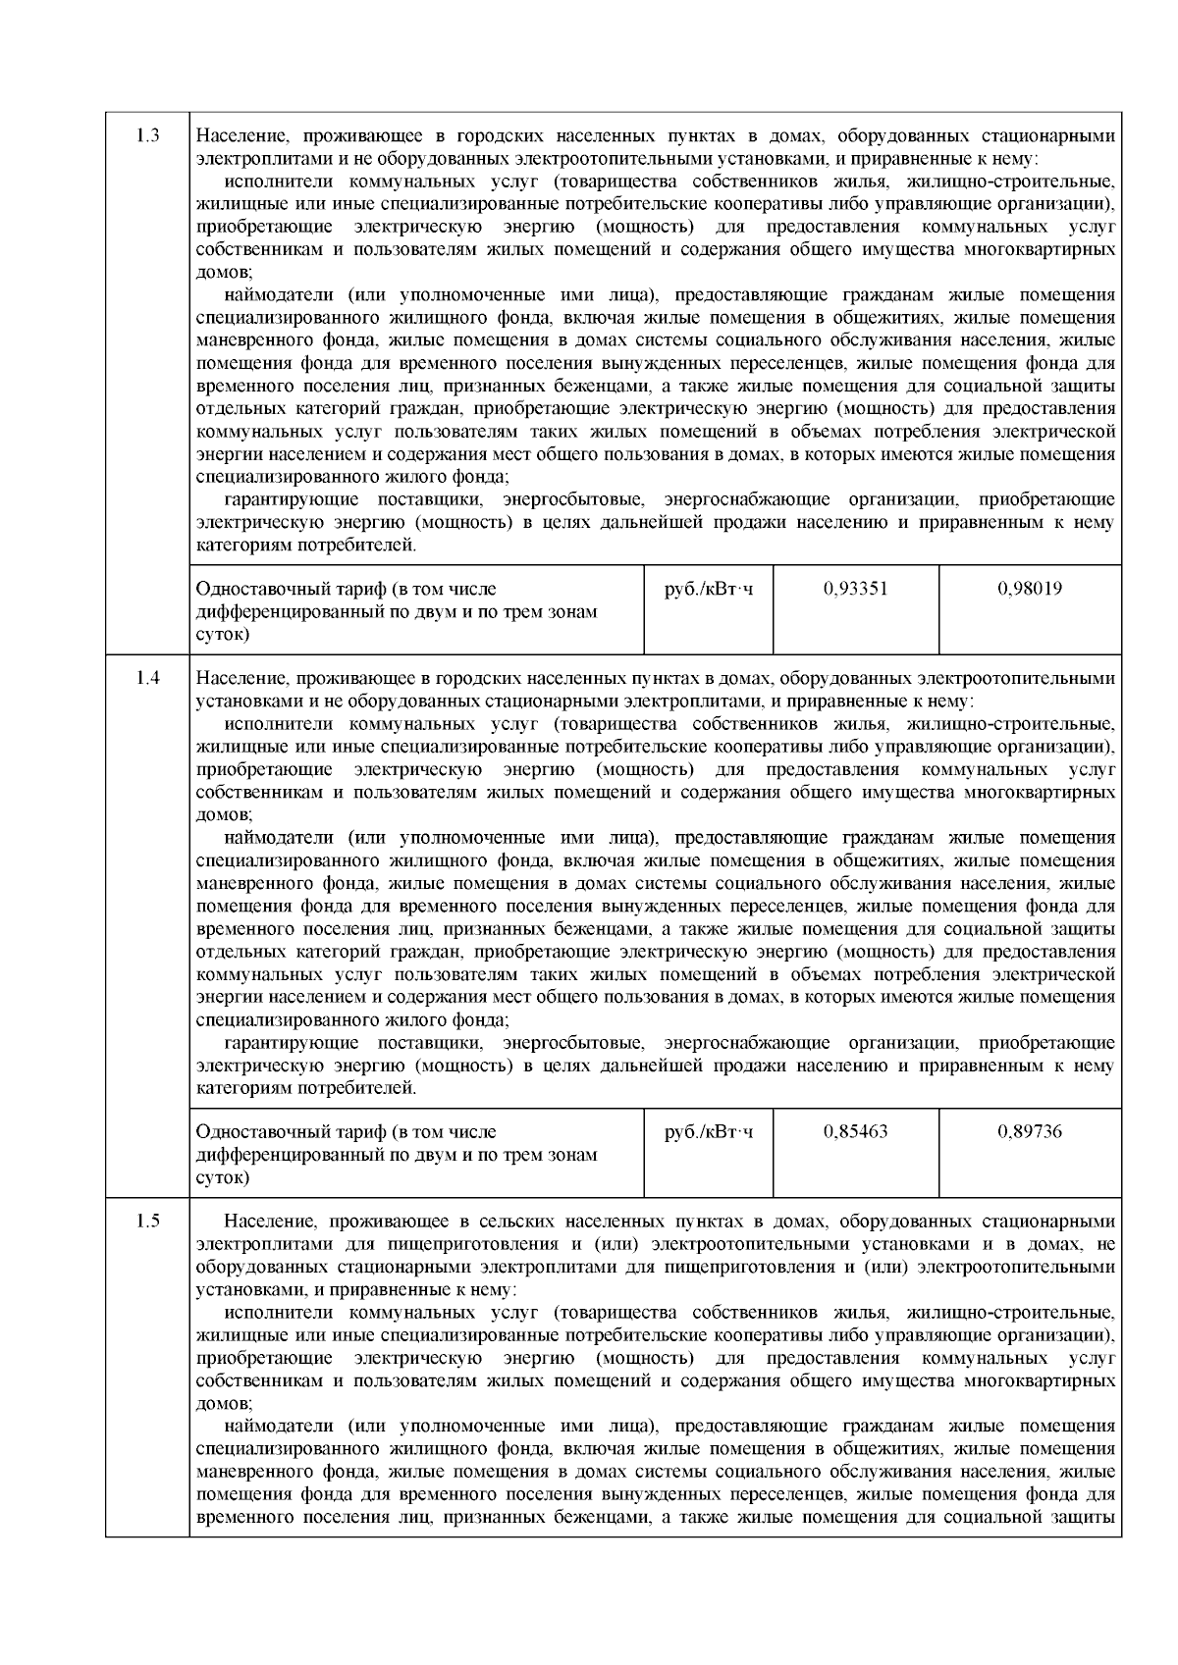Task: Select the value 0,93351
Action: point(855,589)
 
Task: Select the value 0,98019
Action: point(1030,589)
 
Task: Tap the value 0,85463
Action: point(855,1131)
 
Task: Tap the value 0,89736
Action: point(1030,1131)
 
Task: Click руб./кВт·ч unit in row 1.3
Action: point(709,589)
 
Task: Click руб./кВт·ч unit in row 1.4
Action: point(709,1131)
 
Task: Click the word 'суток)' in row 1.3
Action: point(223,635)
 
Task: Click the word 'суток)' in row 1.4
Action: point(223,1177)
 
